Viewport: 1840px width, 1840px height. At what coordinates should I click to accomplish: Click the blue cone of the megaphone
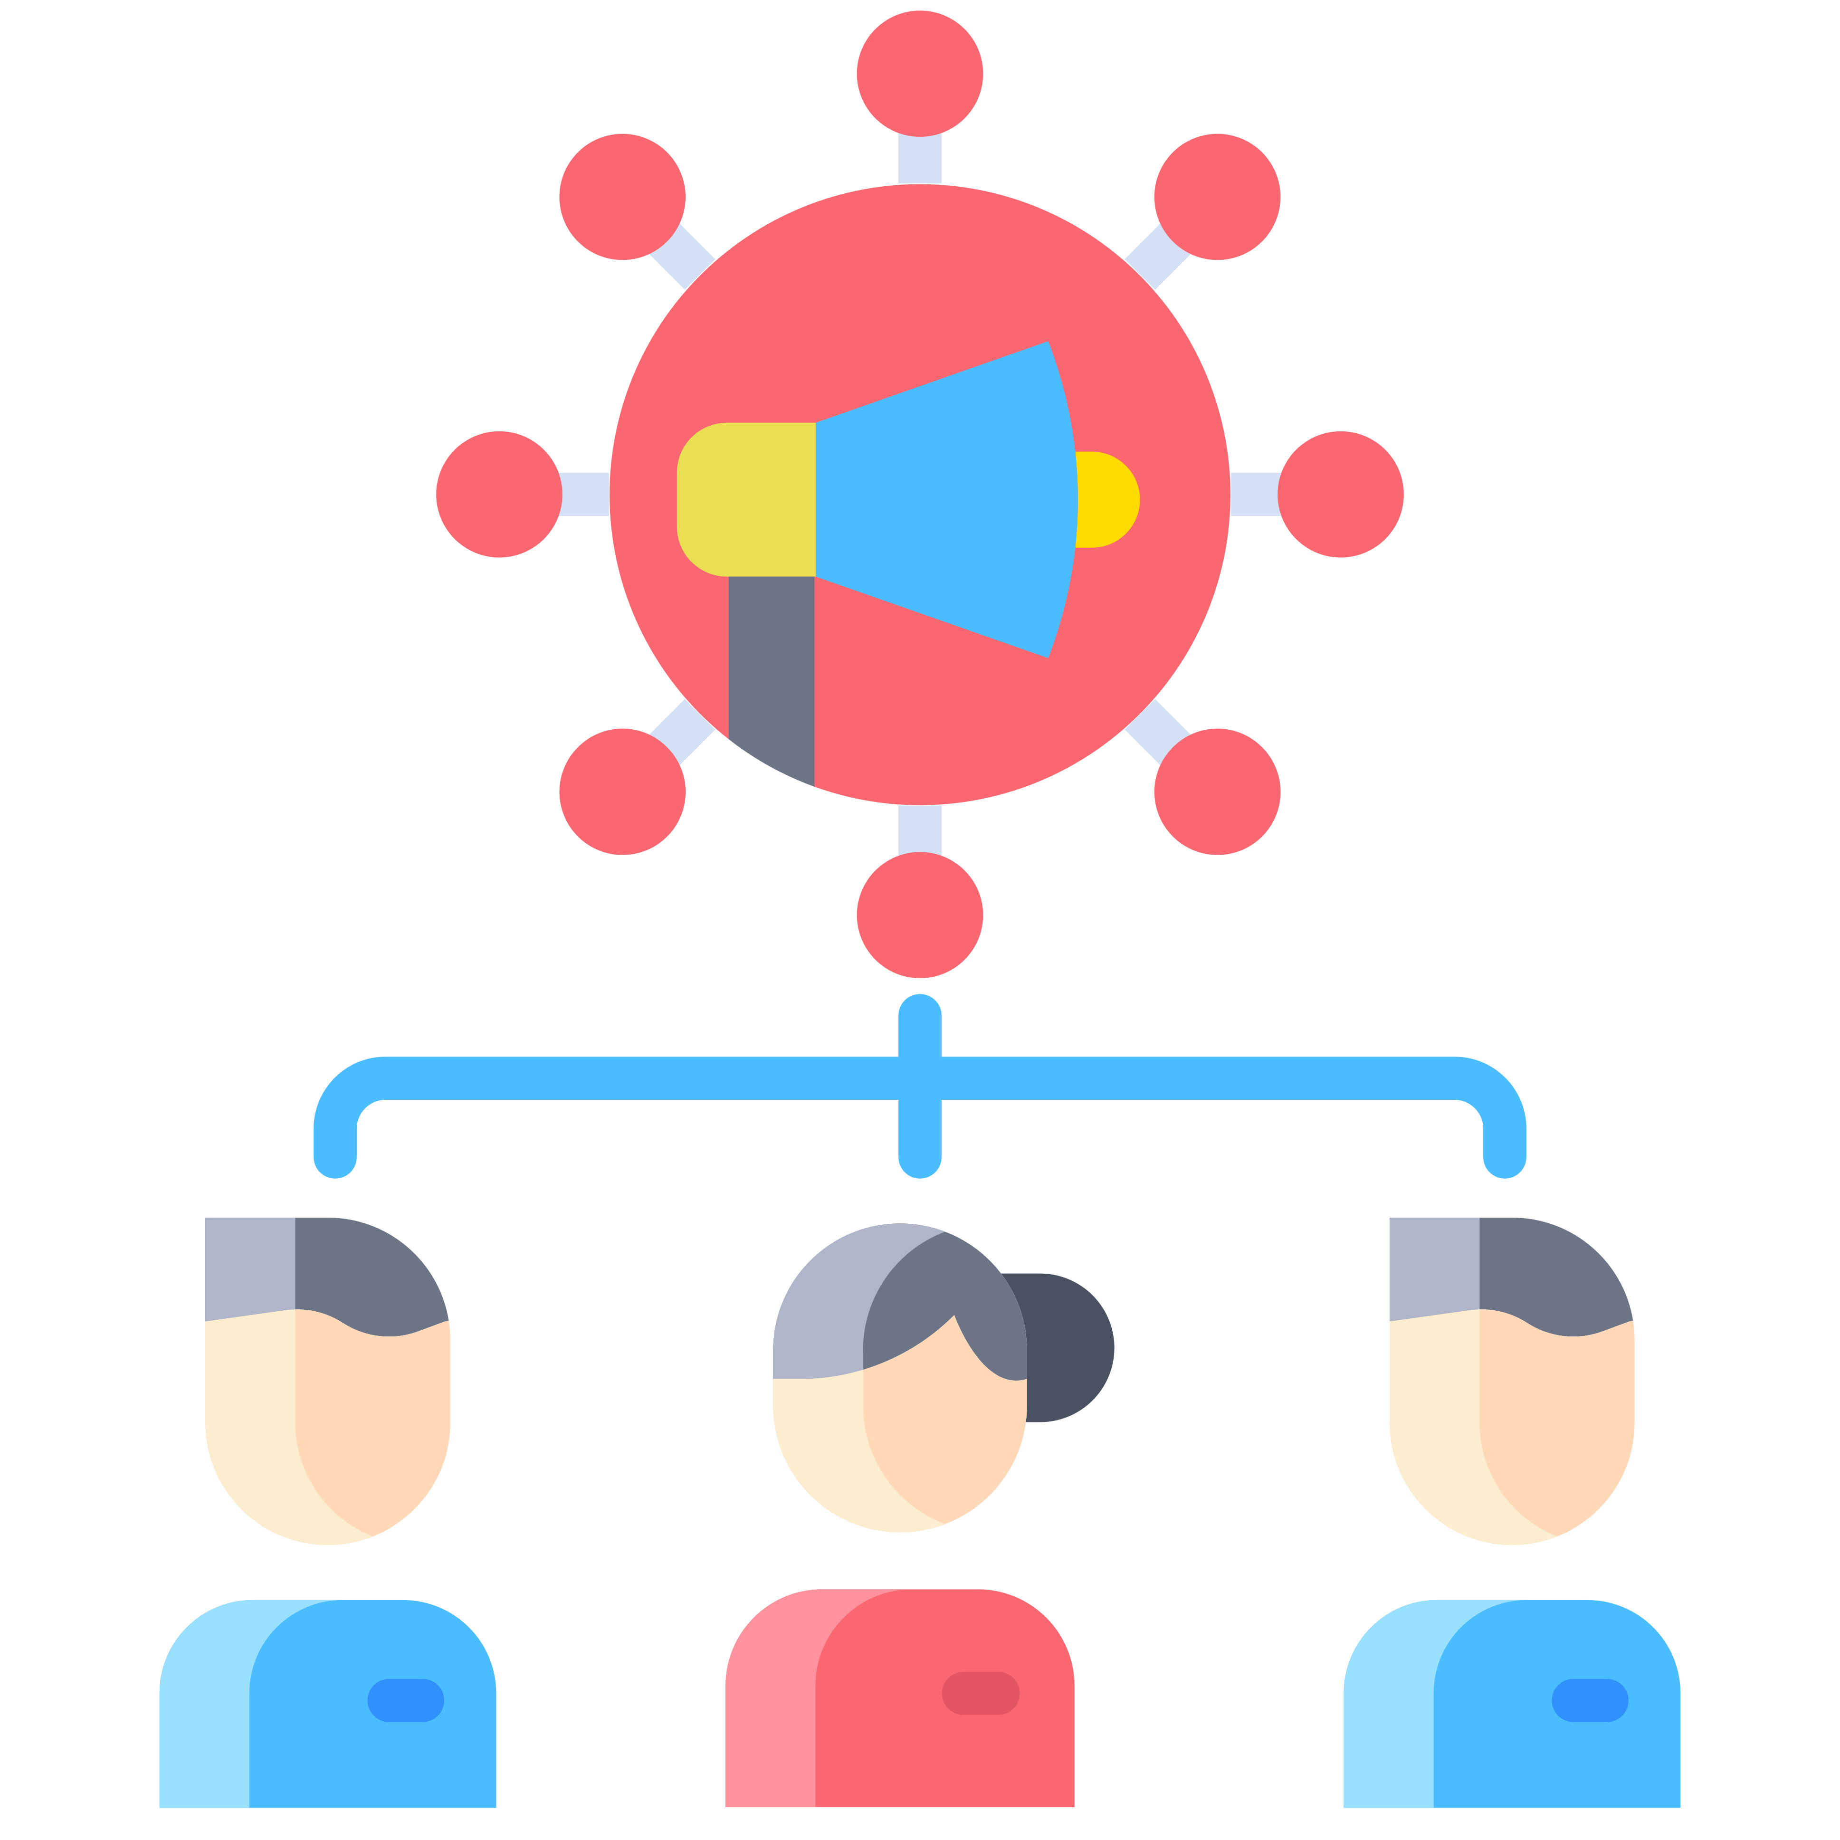[943, 500]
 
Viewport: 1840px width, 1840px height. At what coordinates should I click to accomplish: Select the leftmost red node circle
[499, 494]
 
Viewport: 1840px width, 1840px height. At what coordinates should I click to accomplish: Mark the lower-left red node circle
[622, 791]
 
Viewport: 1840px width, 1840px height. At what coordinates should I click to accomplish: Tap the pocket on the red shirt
[980, 1693]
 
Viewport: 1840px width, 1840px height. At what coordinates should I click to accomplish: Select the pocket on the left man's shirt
[406, 1700]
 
